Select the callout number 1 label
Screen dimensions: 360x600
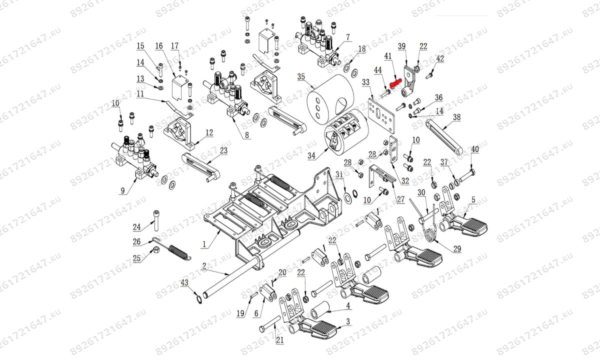(x=204, y=244)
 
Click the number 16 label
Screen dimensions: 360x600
(x=159, y=46)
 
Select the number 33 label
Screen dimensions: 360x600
(x=365, y=81)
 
